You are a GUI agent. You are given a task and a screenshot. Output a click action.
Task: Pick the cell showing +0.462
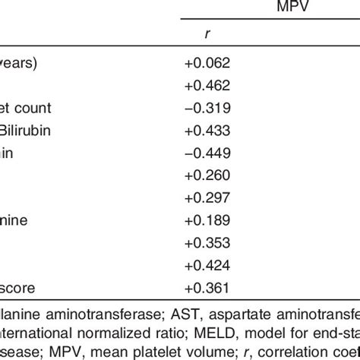[207, 86]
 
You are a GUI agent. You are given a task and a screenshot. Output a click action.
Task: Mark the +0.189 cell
[207, 220]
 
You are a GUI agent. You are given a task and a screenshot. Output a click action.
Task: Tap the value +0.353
[207, 242]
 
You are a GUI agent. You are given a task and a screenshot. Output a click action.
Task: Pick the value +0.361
[207, 289]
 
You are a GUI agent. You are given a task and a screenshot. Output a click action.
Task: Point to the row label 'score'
[18, 289]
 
